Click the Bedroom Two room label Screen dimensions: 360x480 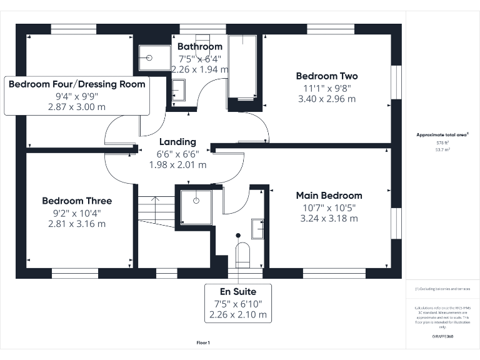[x=327, y=76]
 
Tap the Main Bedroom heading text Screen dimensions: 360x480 [x=329, y=196]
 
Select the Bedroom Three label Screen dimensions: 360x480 [x=77, y=201]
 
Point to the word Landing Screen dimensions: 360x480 [x=177, y=142]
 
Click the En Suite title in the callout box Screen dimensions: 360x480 [x=237, y=291]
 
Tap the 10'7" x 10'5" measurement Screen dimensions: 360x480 [x=329, y=207]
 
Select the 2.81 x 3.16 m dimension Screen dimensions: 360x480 [x=77, y=223]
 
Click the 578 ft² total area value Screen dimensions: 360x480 [x=442, y=143]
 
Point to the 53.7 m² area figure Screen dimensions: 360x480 [x=442, y=150]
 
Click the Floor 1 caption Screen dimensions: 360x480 [x=203, y=342]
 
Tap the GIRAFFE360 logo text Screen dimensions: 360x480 [x=442, y=336]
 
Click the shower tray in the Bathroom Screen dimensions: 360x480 [x=152, y=58]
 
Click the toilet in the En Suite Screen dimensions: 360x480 [x=242, y=254]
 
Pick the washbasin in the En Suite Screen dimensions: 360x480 [x=258, y=229]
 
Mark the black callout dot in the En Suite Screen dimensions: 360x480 [x=237, y=236]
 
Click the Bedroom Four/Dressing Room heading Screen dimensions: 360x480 [x=77, y=84]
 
